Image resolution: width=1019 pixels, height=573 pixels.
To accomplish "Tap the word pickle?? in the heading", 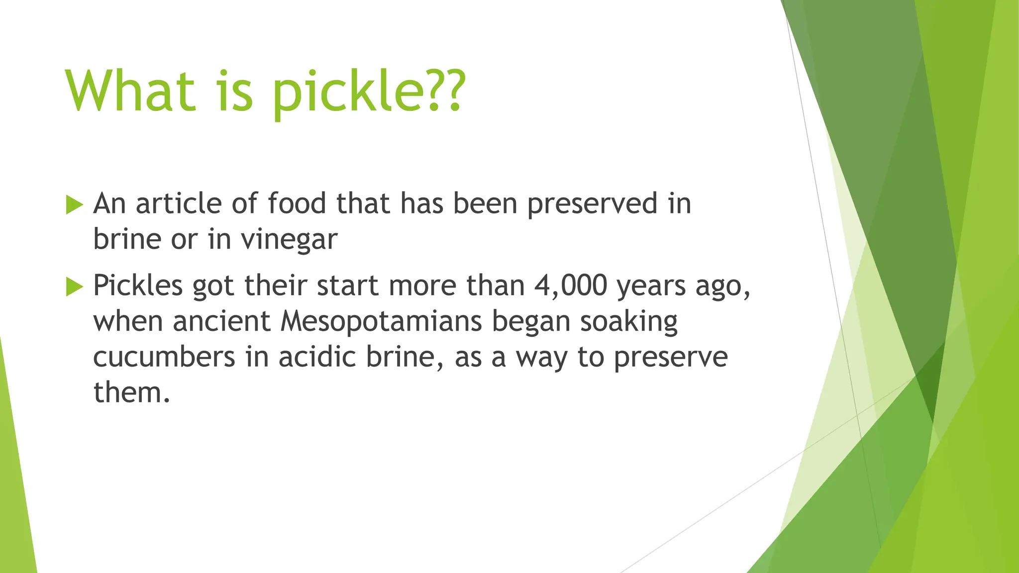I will [x=368, y=92].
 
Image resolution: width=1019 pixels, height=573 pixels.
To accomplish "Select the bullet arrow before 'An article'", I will [x=74, y=204].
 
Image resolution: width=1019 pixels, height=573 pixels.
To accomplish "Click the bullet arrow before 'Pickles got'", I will [x=74, y=286].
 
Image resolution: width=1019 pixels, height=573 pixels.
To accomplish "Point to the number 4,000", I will [x=571, y=286].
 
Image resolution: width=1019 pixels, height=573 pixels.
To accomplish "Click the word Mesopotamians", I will [x=381, y=321].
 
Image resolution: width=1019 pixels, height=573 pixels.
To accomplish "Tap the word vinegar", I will [x=289, y=240].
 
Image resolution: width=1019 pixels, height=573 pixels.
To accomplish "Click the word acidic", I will [x=317, y=357].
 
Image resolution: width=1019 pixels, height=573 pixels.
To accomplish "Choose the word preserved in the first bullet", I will [x=592, y=204].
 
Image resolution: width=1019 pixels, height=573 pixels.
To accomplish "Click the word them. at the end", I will [x=131, y=393].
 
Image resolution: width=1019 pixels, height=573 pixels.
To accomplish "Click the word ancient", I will [x=221, y=321].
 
